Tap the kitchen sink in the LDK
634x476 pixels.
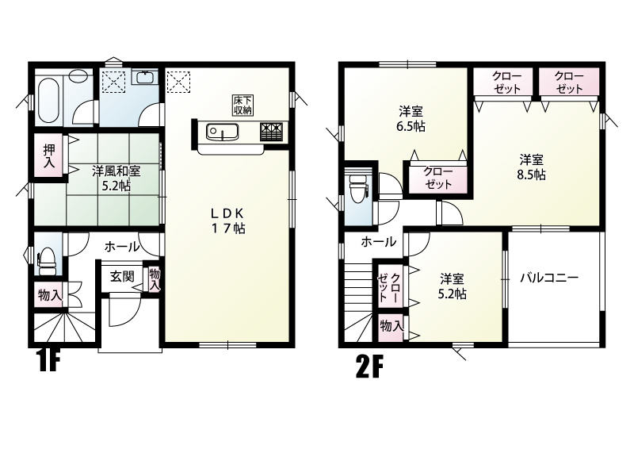[x=222, y=132]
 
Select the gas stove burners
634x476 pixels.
[x=271, y=131]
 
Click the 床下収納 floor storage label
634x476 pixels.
[x=243, y=105]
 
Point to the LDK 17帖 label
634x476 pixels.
[x=227, y=221]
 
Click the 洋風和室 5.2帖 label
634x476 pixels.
[x=116, y=178]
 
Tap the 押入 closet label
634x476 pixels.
[x=49, y=155]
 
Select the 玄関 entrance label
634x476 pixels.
[x=122, y=277]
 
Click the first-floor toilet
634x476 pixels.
[x=47, y=262]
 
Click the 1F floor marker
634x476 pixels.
[x=48, y=360]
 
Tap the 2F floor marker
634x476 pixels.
[x=369, y=366]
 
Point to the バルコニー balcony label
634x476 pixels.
[x=549, y=278]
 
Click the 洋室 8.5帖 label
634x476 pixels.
[x=532, y=167]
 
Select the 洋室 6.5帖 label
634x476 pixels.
[x=411, y=118]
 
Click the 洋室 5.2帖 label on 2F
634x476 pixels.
[x=452, y=286]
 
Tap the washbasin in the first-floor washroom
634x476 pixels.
[x=144, y=77]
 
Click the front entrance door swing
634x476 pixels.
[x=125, y=310]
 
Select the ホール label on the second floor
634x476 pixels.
[x=378, y=242]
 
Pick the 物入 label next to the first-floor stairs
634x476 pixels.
[x=50, y=295]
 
